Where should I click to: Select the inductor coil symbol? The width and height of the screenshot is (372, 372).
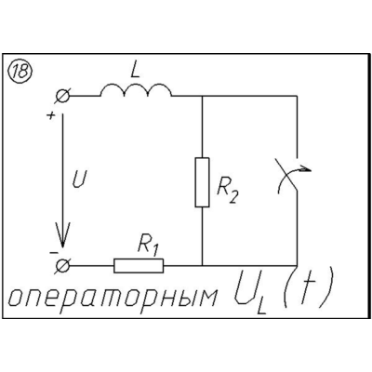pyautogui.click(x=136, y=90)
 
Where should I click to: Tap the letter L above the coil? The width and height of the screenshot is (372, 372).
pyautogui.click(x=135, y=72)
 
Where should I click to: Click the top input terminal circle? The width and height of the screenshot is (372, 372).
pyautogui.click(x=63, y=96)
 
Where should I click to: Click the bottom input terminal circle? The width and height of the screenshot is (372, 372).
pyautogui.click(x=63, y=266)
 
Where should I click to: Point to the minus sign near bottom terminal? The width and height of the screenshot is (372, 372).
pyautogui.click(x=53, y=253)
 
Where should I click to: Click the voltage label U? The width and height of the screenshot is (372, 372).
pyautogui.click(x=79, y=179)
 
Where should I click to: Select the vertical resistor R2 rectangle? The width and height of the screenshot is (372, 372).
pyautogui.click(x=202, y=182)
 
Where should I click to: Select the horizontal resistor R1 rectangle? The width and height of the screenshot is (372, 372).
pyautogui.click(x=139, y=266)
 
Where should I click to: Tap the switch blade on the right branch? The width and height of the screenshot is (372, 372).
pyautogui.click(x=286, y=175)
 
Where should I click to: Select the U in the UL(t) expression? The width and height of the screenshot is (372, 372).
pyautogui.click(x=244, y=287)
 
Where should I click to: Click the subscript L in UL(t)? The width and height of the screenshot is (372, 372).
pyautogui.click(x=261, y=307)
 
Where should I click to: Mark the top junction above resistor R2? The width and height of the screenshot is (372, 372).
pyautogui.click(x=202, y=96)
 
